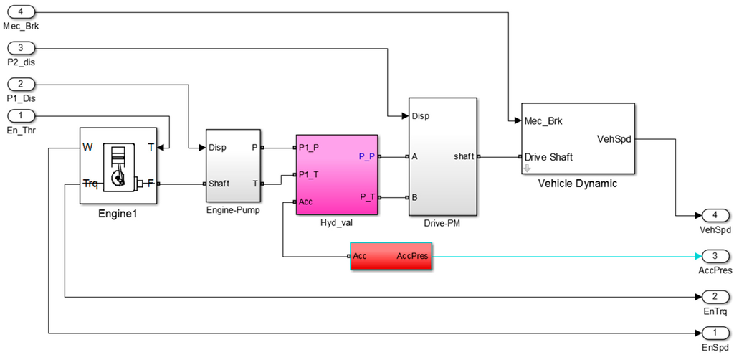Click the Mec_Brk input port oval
tap(21, 13)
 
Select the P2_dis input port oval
tap(21, 48)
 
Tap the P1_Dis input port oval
tap(21, 84)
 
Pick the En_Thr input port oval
tap(21, 115)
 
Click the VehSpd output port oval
tap(714, 216)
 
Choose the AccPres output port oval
tap(714, 256)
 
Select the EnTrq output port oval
tap(714, 297)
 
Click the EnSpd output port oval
tap(714, 333)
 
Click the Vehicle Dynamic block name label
tap(578, 184)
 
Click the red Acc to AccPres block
tap(391, 257)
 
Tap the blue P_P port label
tap(366, 156)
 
